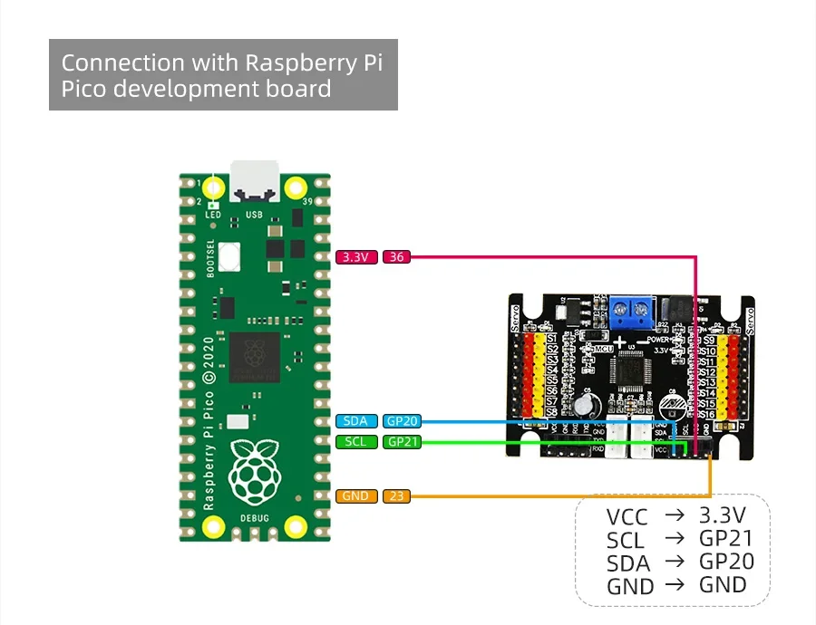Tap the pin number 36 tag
tap(396, 257)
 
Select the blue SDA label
tap(356, 420)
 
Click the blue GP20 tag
tap(402, 420)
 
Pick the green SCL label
tap(356, 442)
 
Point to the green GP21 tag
tap(402, 442)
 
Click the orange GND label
tap(356, 496)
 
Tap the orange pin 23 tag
tap(396, 496)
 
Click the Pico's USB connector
tap(254, 180)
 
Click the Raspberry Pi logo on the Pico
tap(254, 471)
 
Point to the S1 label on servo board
tap(551, 339)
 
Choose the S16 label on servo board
tap(709, 414)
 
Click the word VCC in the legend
tap(627, 517)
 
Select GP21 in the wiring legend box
tap(726, 538)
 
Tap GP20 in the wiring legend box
tap(726, 561)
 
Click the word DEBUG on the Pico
tap(254, 518)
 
